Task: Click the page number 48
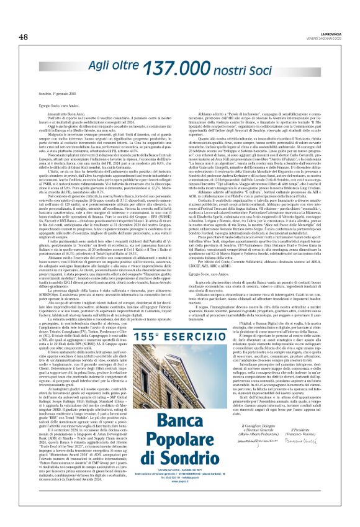[x=24, y=37]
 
